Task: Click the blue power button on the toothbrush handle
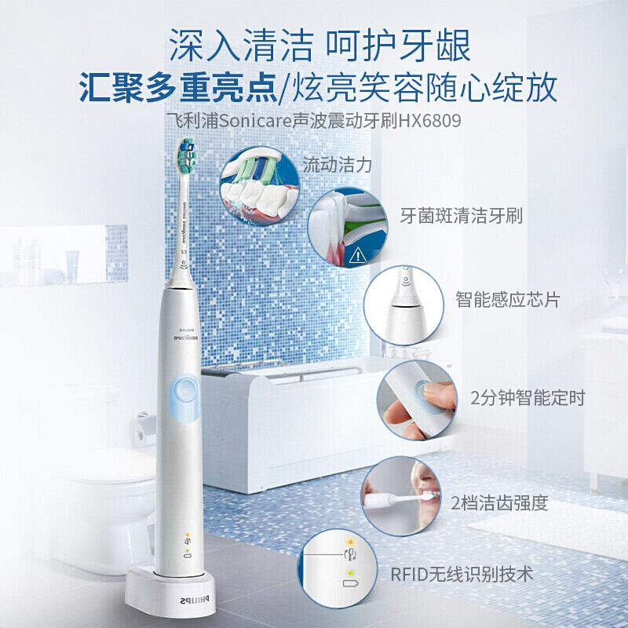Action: pos(184,399)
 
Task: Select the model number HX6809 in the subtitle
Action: pos(429,120)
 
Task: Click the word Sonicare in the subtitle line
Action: pos(254,120)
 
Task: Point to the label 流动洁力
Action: pos(338,165)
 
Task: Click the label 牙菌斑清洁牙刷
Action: pos(462,215)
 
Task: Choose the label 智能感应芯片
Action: pos(507,300)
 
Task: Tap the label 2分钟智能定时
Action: pos(528,398)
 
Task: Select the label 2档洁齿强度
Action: pos(499,503)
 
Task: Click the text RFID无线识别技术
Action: pos(462,574)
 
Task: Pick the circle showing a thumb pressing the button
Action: pos(418,400)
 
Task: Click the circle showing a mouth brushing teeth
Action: pos(401,496)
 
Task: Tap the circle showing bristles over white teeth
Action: pos(260,186)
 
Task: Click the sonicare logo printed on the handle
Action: pos(184,336)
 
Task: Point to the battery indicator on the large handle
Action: pos(187,556)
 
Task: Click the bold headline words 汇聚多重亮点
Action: pos(177,87)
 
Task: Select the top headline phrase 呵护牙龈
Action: pos(398,46)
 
